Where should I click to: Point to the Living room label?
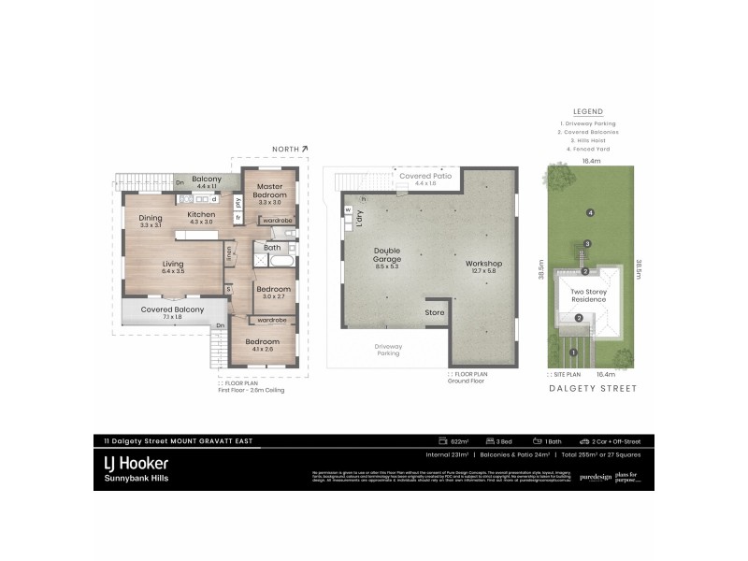click(171, 267)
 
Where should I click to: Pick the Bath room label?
click(271, 248)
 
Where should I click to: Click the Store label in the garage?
click(435, 312)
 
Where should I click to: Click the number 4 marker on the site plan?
click(590, 213)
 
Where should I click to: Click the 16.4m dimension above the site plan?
click(590, 161)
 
